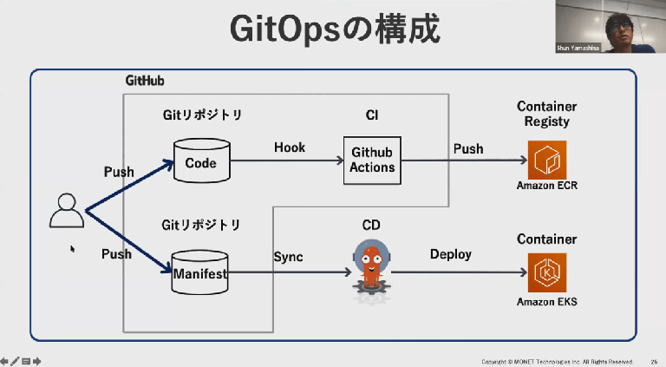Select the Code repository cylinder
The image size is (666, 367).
[201, 161]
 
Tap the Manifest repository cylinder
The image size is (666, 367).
[199, 273]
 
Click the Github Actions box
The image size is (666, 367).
[372, 161]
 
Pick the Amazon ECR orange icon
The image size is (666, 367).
[547, 160]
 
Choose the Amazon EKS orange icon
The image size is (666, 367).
[547, 272]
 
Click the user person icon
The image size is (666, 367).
[66, 211]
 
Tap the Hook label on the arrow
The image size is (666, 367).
[290, 147]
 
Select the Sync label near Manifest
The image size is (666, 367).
[288, 257]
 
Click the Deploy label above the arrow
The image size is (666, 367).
[451, 254]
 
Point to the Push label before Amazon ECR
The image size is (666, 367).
[468, 148]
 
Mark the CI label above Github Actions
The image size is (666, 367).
[372, 115]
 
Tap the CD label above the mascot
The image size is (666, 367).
[371, 226]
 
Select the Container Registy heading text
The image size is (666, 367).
[546, 114]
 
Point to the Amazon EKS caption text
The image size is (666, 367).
[546, 302]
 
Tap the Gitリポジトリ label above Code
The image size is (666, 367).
[201, 115]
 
